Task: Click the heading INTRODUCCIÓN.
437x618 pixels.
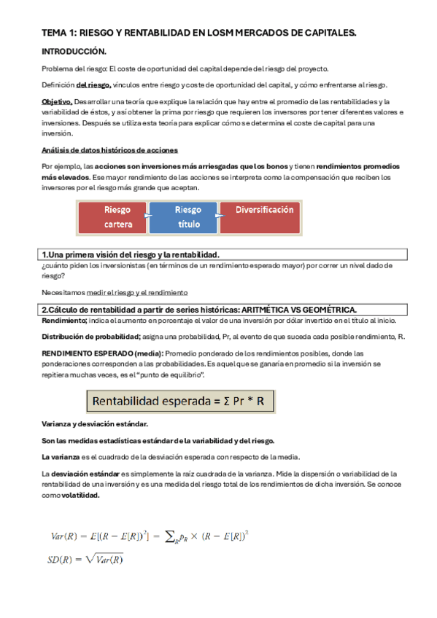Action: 74,52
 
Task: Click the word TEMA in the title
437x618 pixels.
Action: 53,33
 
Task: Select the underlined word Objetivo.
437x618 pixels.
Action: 57,102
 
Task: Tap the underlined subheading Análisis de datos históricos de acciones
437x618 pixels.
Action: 104,150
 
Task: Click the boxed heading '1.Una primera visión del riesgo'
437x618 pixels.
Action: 130,254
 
